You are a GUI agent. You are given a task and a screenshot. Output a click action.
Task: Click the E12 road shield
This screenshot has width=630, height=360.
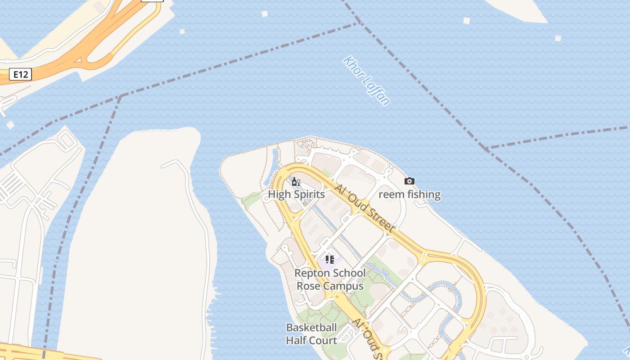(x=21, y=74)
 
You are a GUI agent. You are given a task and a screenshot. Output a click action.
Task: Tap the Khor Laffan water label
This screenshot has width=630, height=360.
(x=366, y=81)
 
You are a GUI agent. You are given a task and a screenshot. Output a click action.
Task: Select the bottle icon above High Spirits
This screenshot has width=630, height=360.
(x=295, y=182)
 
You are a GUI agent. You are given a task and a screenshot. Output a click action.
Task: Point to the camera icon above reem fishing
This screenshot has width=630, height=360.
(x=409, y=181)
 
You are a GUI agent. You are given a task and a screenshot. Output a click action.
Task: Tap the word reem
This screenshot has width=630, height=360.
(x=389, y=194)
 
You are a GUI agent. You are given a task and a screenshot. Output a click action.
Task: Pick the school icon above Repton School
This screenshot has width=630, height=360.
(x=330, y=260)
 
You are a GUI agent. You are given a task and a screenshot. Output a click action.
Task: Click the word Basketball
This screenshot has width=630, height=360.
(x=311, y=327)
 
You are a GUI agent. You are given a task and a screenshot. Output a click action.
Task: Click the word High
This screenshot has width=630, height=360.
(x=279, y=194)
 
